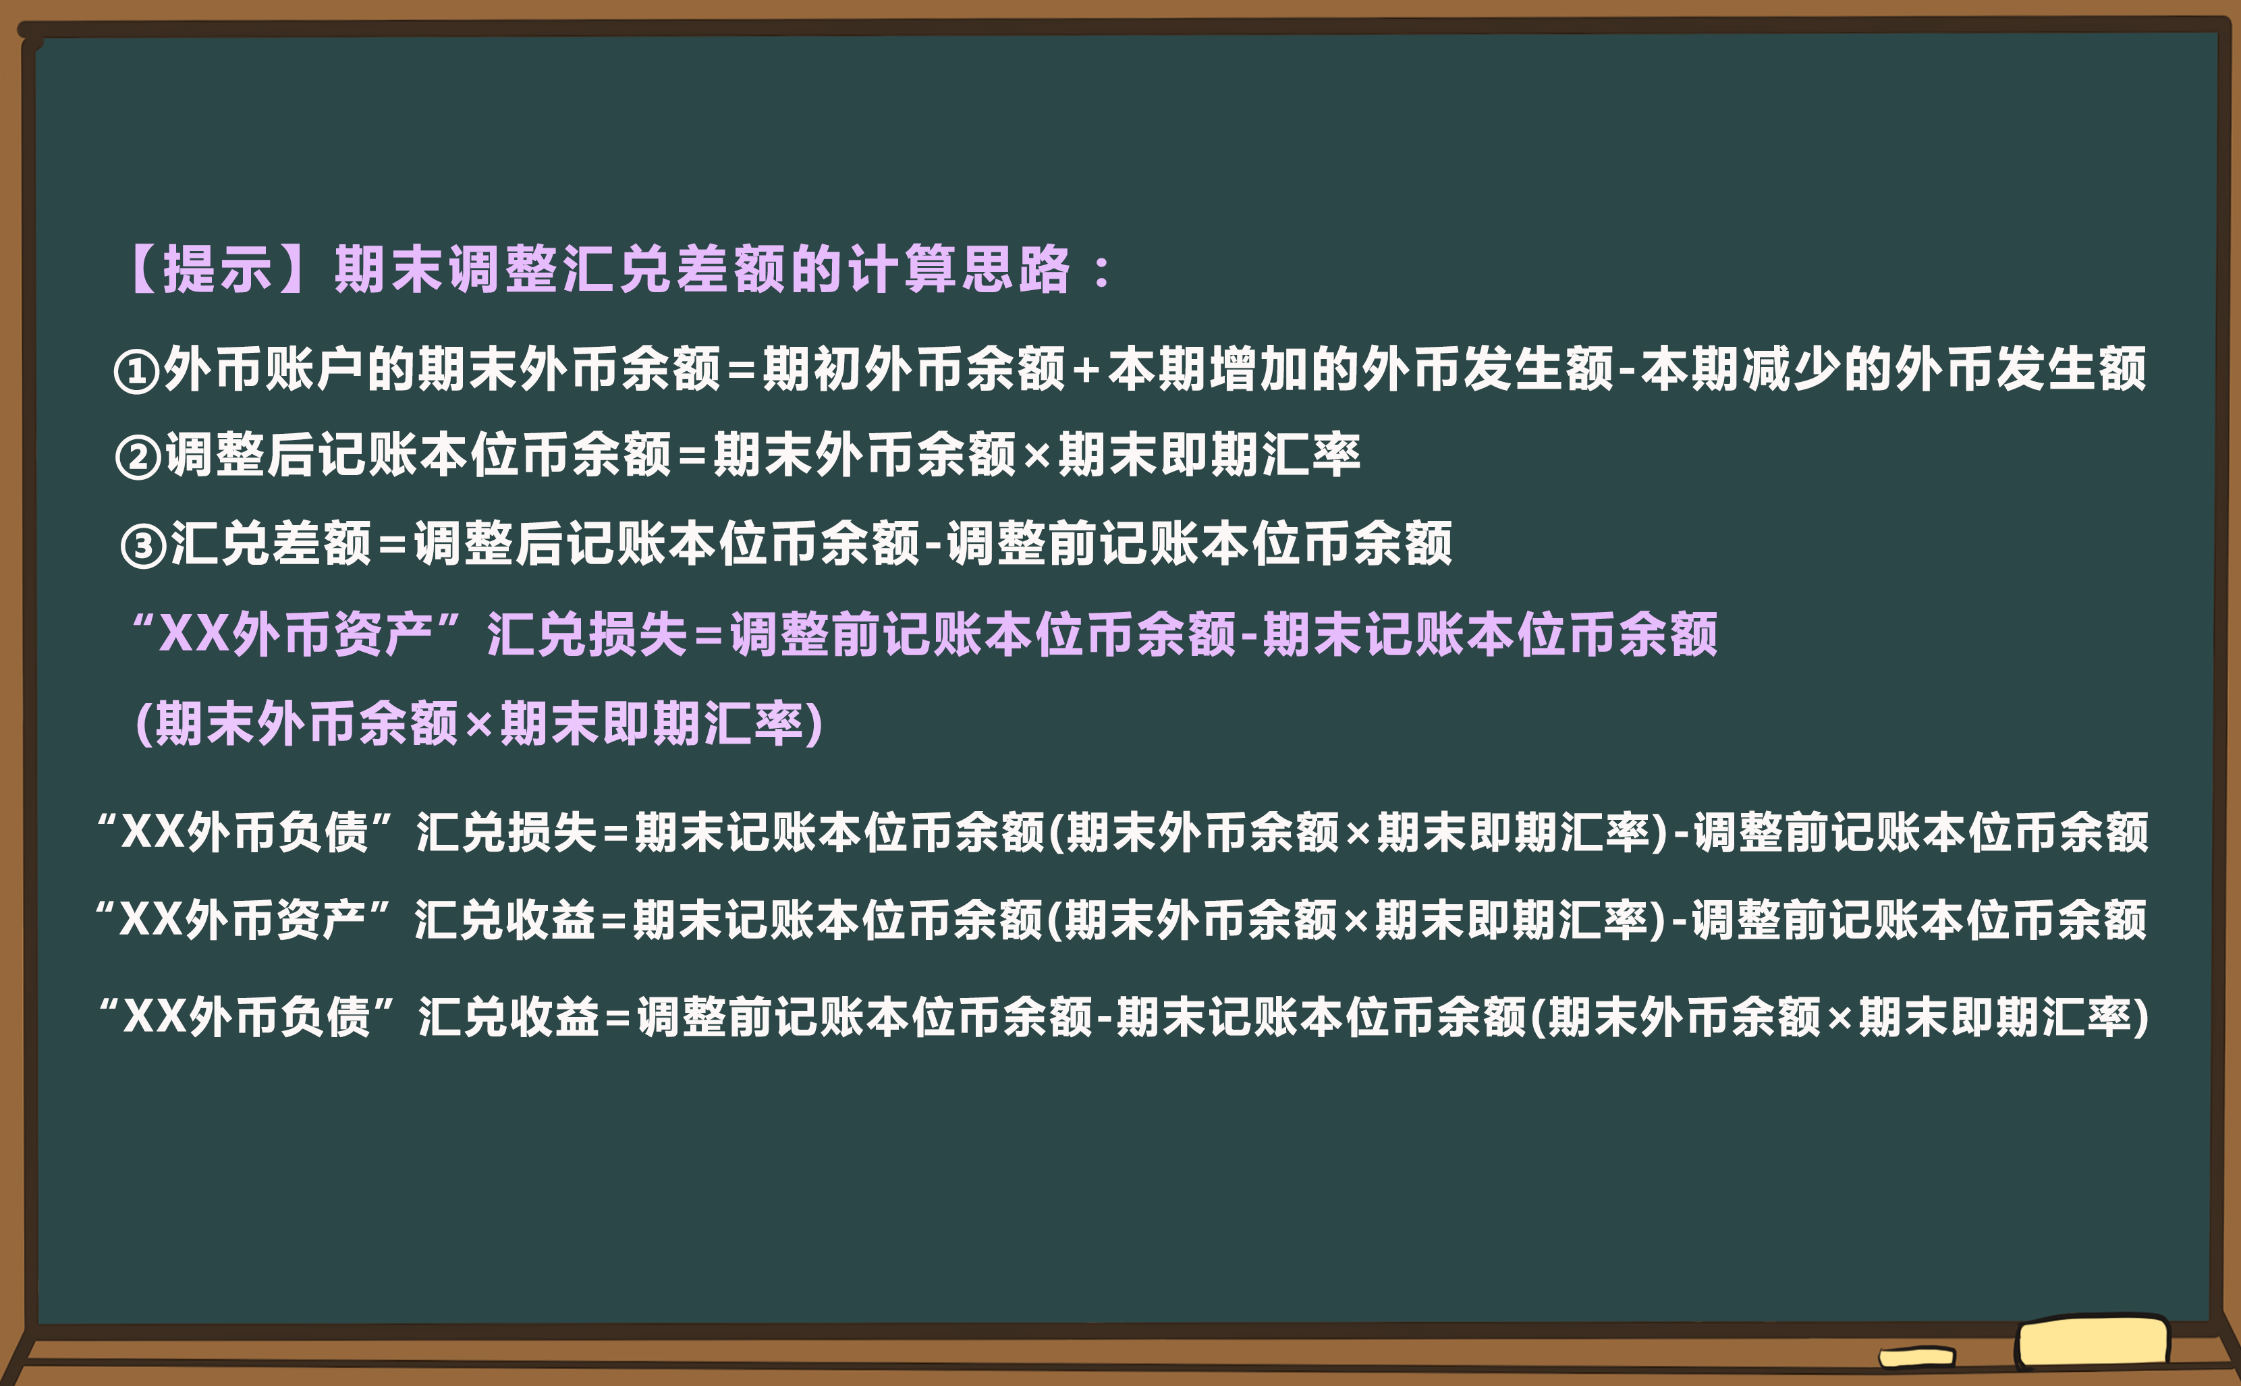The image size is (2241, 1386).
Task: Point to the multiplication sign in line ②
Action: coord(1036,455)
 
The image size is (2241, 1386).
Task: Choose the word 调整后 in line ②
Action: coord(240,455)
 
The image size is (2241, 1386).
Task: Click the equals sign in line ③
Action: coord(392,545)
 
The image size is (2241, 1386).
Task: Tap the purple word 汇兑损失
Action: coord(586,634)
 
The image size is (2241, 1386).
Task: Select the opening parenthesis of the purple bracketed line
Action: coord(143,724)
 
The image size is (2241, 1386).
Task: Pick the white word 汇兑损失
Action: coord(507,832)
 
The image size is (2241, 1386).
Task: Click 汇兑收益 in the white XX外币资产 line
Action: coord(505,920)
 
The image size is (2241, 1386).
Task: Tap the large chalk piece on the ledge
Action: coord(2092,1342)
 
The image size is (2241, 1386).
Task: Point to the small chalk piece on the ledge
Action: coord(1916,1357)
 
